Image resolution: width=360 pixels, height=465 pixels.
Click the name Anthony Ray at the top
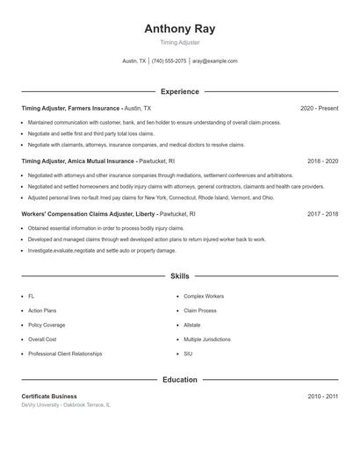tap(179, 28)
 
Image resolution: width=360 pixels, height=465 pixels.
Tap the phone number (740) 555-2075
tap(169, 61)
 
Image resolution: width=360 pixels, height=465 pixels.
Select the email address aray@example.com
tap(215, 61)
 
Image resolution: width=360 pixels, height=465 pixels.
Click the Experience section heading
tap(179, 91)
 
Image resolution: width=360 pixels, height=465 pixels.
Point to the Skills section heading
tap(179, 275)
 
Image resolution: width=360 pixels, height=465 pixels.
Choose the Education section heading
tap(179, 380)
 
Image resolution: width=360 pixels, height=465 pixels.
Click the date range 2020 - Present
tap(319, 108)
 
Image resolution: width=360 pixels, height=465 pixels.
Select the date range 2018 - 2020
tap(322, 161)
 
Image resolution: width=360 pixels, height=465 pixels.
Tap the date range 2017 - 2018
tap(322, 214)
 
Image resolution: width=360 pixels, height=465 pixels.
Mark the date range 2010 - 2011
tap(322, 397)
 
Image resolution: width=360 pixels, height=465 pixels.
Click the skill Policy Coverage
tap(47, 325)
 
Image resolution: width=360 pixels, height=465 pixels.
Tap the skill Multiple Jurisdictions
tap(207, 339)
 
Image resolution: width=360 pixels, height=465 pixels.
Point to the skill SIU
tap(188, 354)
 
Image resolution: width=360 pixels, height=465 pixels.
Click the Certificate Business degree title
tap(49, 397)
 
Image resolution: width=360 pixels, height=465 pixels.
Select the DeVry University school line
tap(66, 405)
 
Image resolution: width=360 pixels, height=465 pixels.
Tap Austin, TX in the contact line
tap(134, 61)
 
